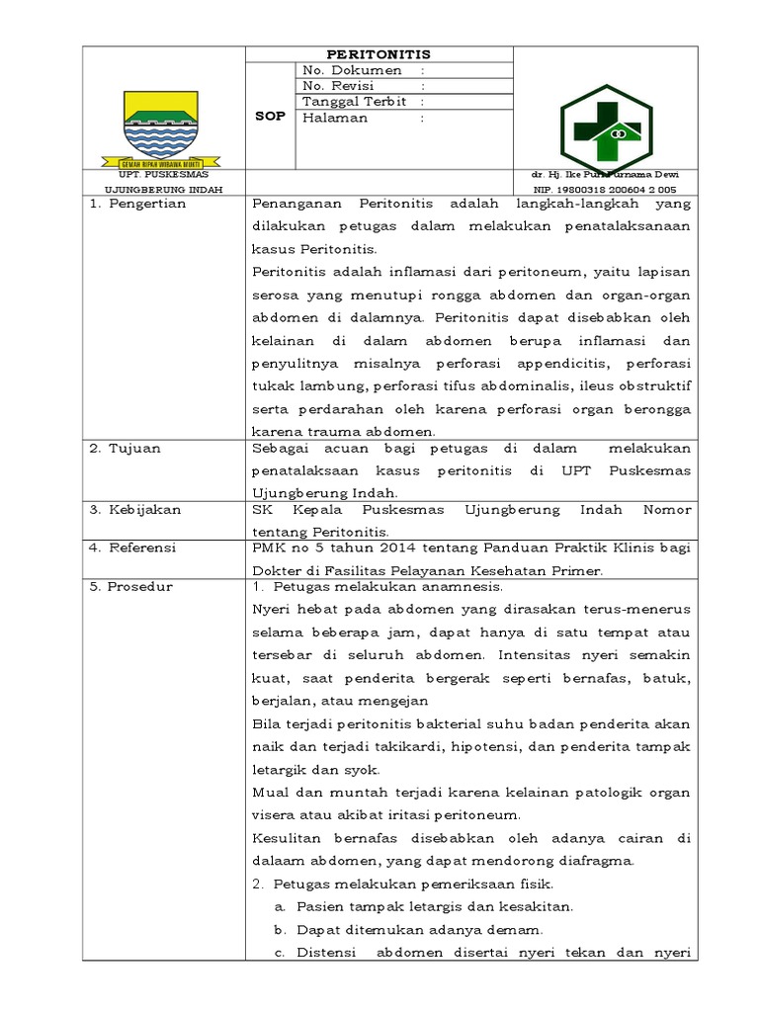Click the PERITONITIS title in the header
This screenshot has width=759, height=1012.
(379, 54)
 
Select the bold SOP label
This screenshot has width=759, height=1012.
(271, 117)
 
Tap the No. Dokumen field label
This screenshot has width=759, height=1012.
(354, 71)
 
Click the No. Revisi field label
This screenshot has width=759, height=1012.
(346, 87)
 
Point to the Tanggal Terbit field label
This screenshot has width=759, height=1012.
(356, 102)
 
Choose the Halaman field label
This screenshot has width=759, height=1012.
(336, 118)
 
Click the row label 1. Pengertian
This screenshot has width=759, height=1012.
(137, 204)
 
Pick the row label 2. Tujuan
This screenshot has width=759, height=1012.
(126, 448)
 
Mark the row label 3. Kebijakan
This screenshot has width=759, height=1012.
(135, 510)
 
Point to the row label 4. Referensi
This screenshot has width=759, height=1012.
(133, 547)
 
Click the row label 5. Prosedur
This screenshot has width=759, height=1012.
(131, 586)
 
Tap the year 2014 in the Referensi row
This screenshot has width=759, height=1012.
(372, 548)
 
